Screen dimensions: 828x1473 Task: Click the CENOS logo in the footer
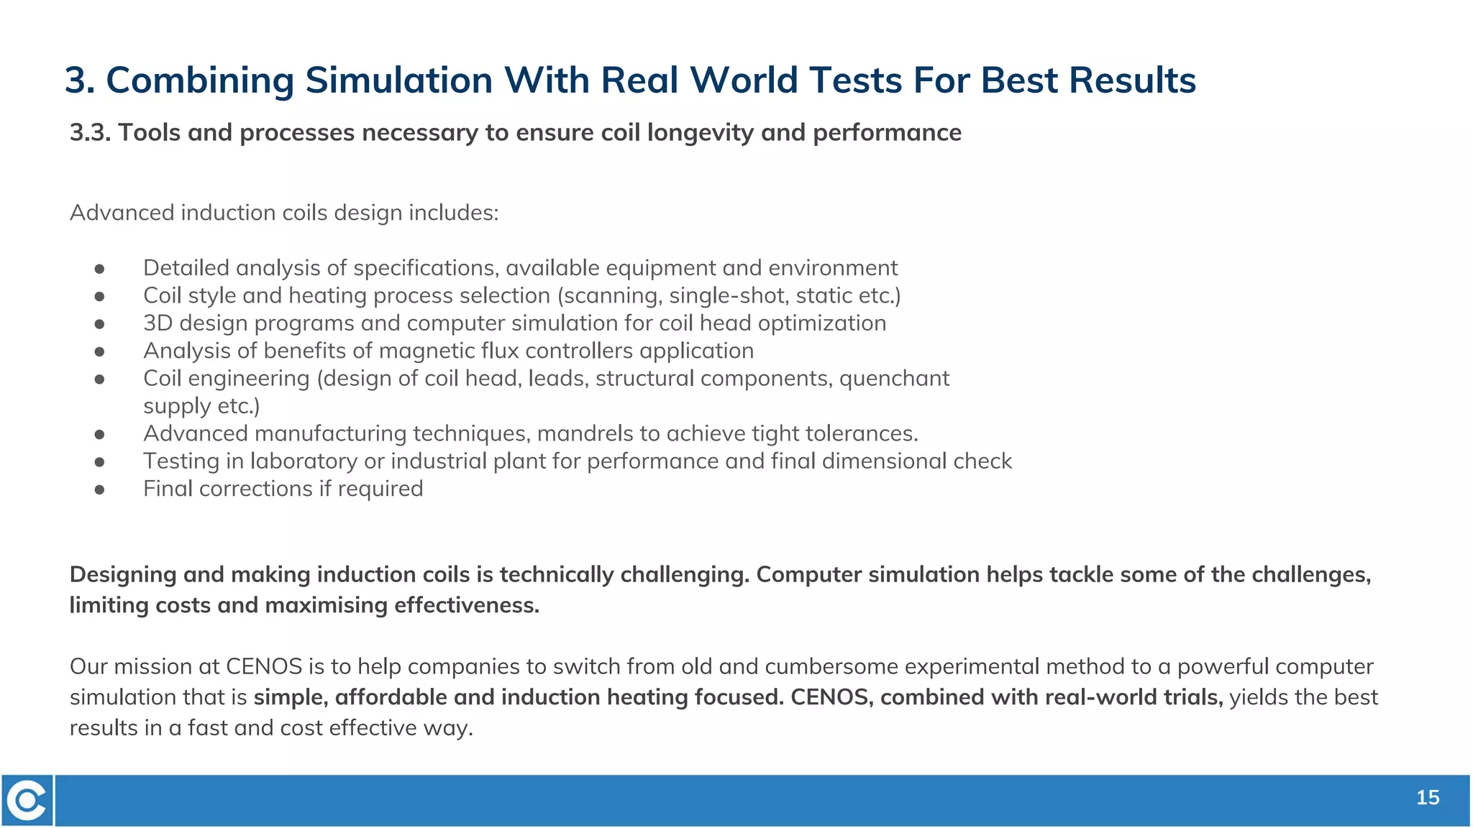tap(27, 800)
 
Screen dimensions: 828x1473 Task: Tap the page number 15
tap(1428, 798)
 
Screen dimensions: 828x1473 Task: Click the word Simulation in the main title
tap(398, 80)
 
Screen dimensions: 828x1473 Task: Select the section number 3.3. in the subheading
tap(90, 133)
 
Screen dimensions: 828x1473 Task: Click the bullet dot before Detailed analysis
tap(100, 269)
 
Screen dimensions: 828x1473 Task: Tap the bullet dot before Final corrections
tap(100, 489)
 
